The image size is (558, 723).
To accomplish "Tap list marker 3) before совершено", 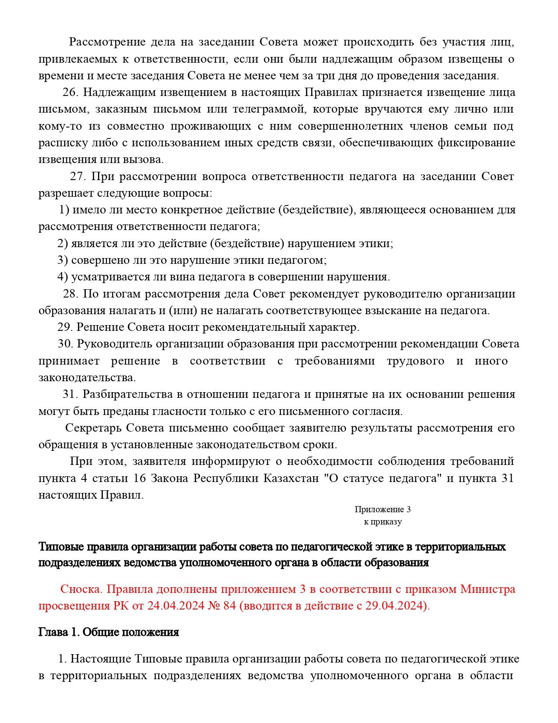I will click(x=63, y=260).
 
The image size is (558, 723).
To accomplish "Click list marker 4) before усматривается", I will click(x=63, y=276).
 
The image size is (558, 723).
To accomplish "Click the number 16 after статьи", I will click(x=139, y=478).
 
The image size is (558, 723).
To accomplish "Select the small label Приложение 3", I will click(x=383, y=509).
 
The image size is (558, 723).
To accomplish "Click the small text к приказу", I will click(x=383, y=521).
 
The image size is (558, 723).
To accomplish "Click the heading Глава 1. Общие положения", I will click(x=109, y=632).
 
